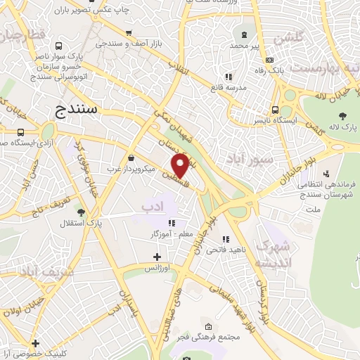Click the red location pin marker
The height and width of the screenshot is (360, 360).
179,165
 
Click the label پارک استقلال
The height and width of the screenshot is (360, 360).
100,224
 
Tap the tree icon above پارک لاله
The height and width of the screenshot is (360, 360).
342,116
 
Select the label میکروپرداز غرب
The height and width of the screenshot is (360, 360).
130,169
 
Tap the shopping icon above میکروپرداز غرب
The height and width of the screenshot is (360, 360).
131,157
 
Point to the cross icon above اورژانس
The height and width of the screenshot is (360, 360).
157,257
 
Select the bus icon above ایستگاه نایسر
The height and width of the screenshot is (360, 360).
274,110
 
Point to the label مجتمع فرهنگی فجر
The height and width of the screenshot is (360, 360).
209,338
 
